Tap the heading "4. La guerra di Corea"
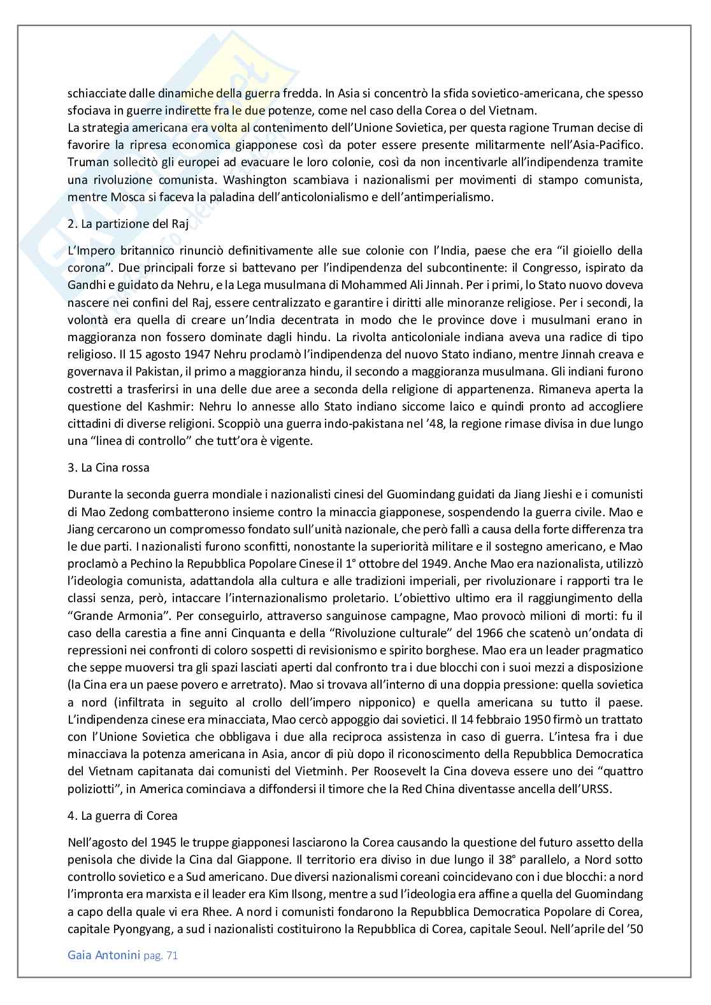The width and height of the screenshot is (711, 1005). coord(122,815)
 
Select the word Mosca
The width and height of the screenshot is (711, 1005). coord(117,197)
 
